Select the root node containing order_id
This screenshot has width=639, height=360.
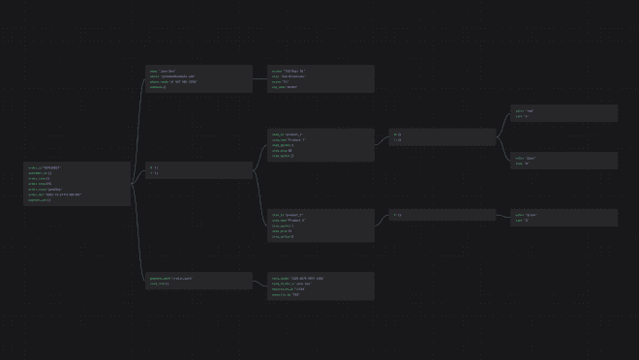pyautogui.click(x=77, y=184)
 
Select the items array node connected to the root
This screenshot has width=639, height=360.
pyautogui.click(x=198, y=169)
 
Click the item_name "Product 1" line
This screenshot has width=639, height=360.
pyautogui.click(x=289, y=139)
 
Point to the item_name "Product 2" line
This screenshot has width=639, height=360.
pyautogui.click(x=289, y=220)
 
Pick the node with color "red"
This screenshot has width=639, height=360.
pyautogui.click(x=563, y=113)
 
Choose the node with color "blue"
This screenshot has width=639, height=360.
pyautogui.click(x=563, y=161)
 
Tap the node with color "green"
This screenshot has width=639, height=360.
pyautogui.click(x=563, y=218)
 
